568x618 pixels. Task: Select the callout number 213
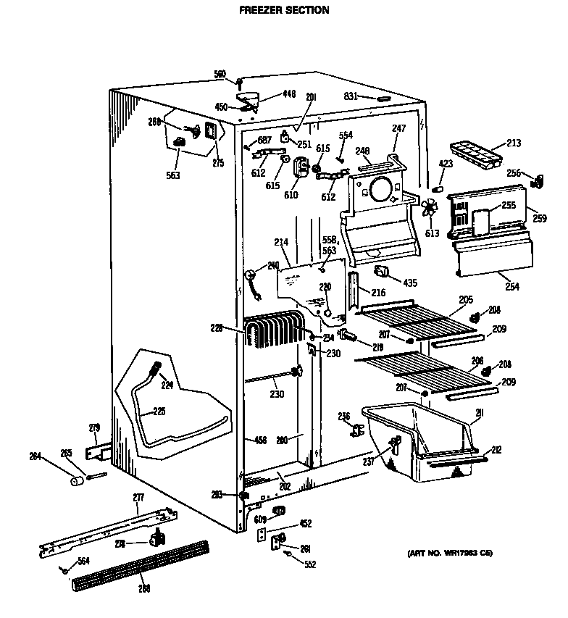coord(514,143)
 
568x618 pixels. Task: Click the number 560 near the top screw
coord(220,74)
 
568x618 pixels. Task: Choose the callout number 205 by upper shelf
coord(466,299)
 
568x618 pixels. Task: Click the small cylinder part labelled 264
coord(75,482)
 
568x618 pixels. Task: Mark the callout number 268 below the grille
coord(144,588)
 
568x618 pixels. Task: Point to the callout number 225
coord(159,411)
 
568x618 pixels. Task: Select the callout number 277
coord(138,497)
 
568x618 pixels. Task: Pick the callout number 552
coord(310,564)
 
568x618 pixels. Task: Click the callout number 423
coord(446,164)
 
